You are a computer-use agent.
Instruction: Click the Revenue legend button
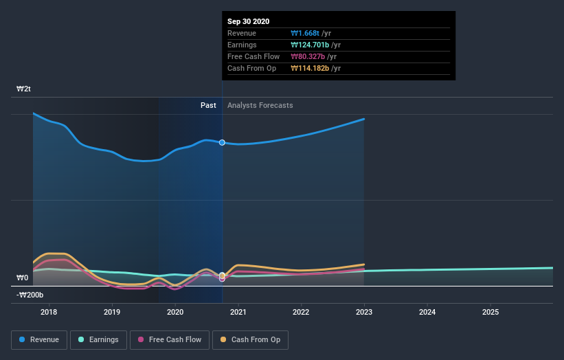pyautogui.click(x=40, y=339)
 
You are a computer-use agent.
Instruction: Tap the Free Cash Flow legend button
pyautogui.click(x=170, y=339)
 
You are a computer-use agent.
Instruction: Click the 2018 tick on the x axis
pyautogui.click(x=49, y=313)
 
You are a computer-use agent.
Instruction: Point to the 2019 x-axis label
pyautogui.click(x=112, y=313)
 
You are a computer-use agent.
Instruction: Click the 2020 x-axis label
pyautogui.click(x=175, y=313)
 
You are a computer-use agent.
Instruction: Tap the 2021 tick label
pyautogui.click(x=238, y=313)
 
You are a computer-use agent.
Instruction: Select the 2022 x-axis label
pyautogui.click(x=301, y=313)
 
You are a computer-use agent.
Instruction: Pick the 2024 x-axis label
pyautogui.click(x=427, y=313)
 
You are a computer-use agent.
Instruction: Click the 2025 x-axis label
pyautogui.click(x=490, y=313)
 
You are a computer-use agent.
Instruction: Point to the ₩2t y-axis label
pyautogui.click(x=24, y=89)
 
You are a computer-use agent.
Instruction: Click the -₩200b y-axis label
pyautogui.click(x=30, y=295)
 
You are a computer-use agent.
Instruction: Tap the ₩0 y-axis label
pyautogui.click(x=23, y=278)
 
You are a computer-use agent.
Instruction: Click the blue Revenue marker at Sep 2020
pyautogui.click(x=222, y=142)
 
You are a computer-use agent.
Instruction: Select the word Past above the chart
pyautogui.click(x=208, y=105)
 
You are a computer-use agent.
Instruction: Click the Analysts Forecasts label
pyautogui.click(x=260, y=105)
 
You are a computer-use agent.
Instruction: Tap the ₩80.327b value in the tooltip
pyautogui.click(x=308, y=56)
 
